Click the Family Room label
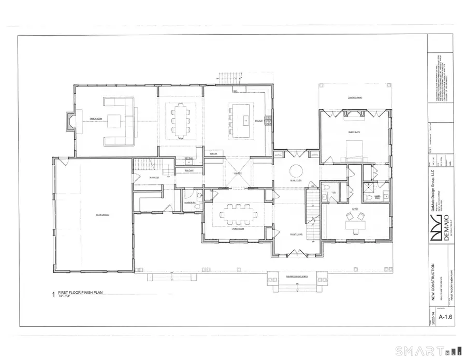click(x=96, y=119)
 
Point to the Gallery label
click(x=238, y=173)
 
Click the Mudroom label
click(x=154, y=177)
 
